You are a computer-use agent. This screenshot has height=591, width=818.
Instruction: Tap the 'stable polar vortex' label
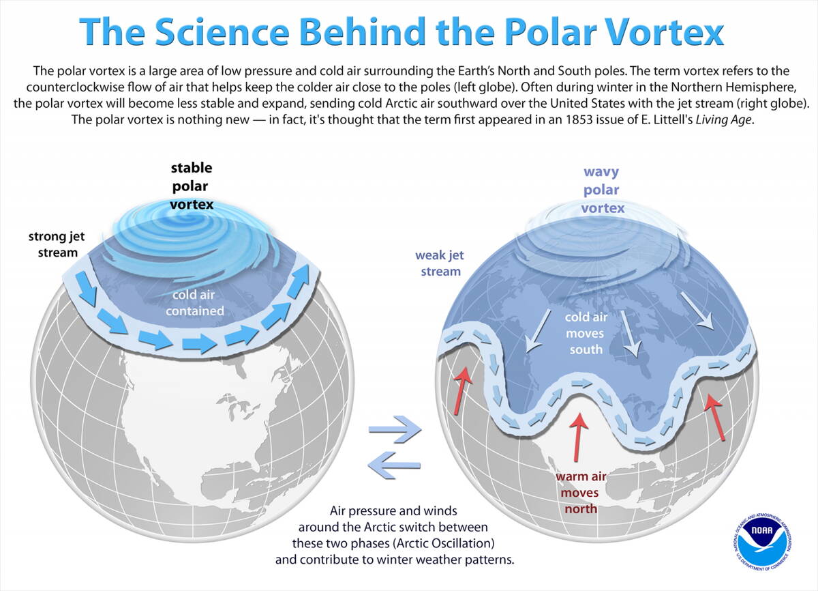191,185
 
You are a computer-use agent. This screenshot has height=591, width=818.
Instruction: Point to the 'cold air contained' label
197,304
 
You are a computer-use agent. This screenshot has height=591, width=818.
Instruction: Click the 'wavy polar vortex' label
603,190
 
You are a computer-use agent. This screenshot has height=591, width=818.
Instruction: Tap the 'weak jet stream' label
438,263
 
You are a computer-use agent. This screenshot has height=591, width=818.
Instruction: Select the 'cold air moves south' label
586,334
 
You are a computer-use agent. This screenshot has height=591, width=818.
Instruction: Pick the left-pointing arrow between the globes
393,465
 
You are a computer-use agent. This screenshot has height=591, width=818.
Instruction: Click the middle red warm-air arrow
579,437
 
